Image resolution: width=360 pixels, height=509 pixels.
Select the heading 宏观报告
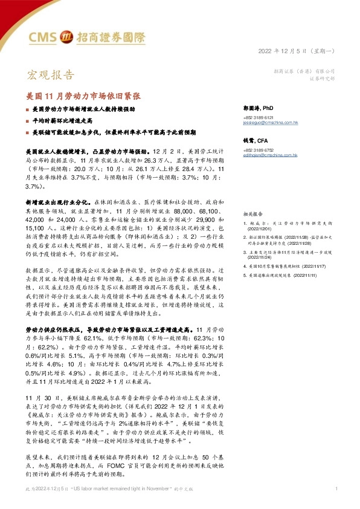pyautogui.click(x=51, y=76)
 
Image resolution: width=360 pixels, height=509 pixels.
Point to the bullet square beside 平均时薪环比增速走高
pyautogui.click(x=27, y=121)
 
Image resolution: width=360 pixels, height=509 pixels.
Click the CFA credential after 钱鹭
pyautogui.click(x=264, y=140)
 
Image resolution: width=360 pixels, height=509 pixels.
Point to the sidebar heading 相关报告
pyautogui.click(x=252, y=214)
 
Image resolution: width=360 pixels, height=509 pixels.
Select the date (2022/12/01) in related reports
pyautogui.click(x=261, y=229)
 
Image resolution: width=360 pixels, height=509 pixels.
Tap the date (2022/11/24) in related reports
pyautogui.click(x=261, y=256)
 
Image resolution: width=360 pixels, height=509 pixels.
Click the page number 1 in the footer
pyautogui.click(x=336, y=488)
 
